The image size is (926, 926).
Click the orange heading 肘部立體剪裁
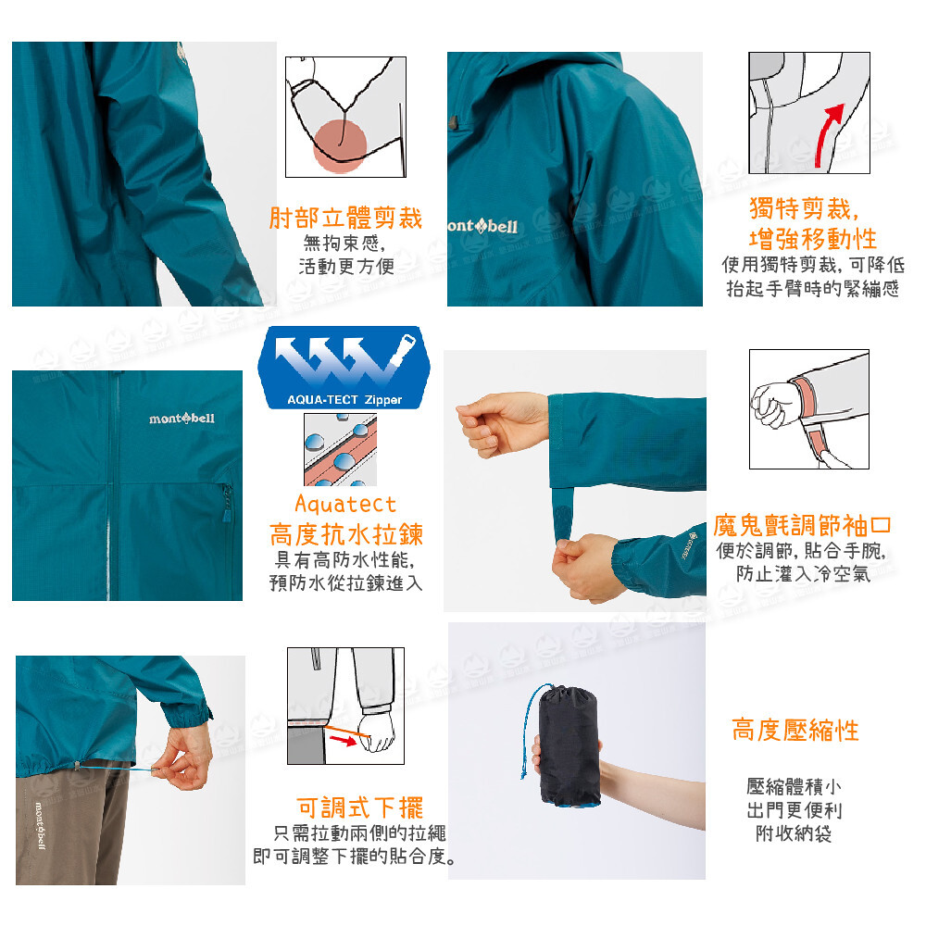[345, 218]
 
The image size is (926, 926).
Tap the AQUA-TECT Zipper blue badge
[344, 368]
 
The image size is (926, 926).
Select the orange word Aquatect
[345, 505]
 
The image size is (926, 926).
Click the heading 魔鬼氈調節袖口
[801, 524]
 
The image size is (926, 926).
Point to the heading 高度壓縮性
[795, 730]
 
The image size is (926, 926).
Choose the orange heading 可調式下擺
[359, 807]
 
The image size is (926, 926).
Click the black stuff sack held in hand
[569, 746]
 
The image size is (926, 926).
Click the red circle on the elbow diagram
[340, 146]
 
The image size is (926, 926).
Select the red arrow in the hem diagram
[344, 740]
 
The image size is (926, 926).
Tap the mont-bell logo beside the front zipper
[181, 419]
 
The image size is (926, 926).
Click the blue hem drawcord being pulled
[117, 768]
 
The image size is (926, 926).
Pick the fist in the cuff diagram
[773, 403]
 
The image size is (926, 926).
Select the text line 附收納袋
[794, 833]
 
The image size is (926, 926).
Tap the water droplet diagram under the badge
[340, 449]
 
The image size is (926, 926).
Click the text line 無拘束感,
[344, 242]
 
